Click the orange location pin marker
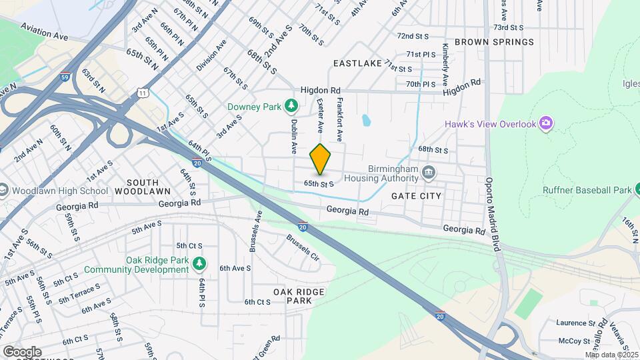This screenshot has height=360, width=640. click(321, 159)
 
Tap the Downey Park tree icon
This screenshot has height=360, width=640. click(291, 105)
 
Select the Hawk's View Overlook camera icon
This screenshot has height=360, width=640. click(546, 124)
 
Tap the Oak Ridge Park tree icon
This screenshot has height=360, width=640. click(199, 265)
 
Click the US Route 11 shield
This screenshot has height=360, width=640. click(143, 94)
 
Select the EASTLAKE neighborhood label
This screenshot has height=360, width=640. click(357, 63)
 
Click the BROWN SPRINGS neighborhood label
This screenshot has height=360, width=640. click(494, 42)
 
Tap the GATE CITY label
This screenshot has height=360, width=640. click(416, 196)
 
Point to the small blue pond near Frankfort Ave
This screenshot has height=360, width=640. click(366, 121)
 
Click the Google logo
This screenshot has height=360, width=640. click(22, 351)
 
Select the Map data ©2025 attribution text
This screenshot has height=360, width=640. click(611, 355)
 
